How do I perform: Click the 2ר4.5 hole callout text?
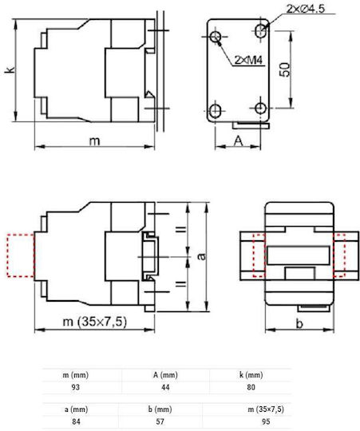[305, 9]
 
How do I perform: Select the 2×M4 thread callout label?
[248, 60]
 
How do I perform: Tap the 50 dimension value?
[285, 69]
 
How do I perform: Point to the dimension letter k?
[10, 69]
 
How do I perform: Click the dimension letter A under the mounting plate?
[238, 141]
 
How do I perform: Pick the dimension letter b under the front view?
[299, 324]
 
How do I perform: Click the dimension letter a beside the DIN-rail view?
[202, 256]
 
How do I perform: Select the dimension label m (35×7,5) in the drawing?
[95, 322]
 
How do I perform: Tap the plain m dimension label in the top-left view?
[94, 141]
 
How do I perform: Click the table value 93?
[75, 387]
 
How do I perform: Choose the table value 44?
[165, 387]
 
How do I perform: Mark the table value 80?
[251, 387]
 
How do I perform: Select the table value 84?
[76, 421]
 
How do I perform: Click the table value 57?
[160, 421]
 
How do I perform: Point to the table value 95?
[266, 421]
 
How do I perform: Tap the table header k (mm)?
[251, 375]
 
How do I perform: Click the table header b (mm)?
[160, 409]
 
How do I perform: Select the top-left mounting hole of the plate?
[216, 36]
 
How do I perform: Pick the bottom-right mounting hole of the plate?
[260, 108]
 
